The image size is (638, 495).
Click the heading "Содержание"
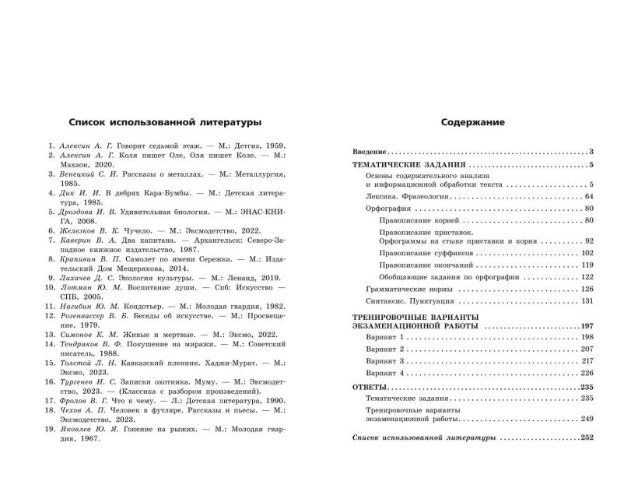click(473, 121)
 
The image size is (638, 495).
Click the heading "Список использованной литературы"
click(164, 121)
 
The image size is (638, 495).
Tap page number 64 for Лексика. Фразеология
click(587, 198)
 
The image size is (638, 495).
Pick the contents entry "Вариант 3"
click(385, 362)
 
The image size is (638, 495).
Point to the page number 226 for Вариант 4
click(586, 374)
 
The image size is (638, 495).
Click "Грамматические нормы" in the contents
click(405, 289)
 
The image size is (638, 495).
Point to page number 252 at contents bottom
click(586, 438)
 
